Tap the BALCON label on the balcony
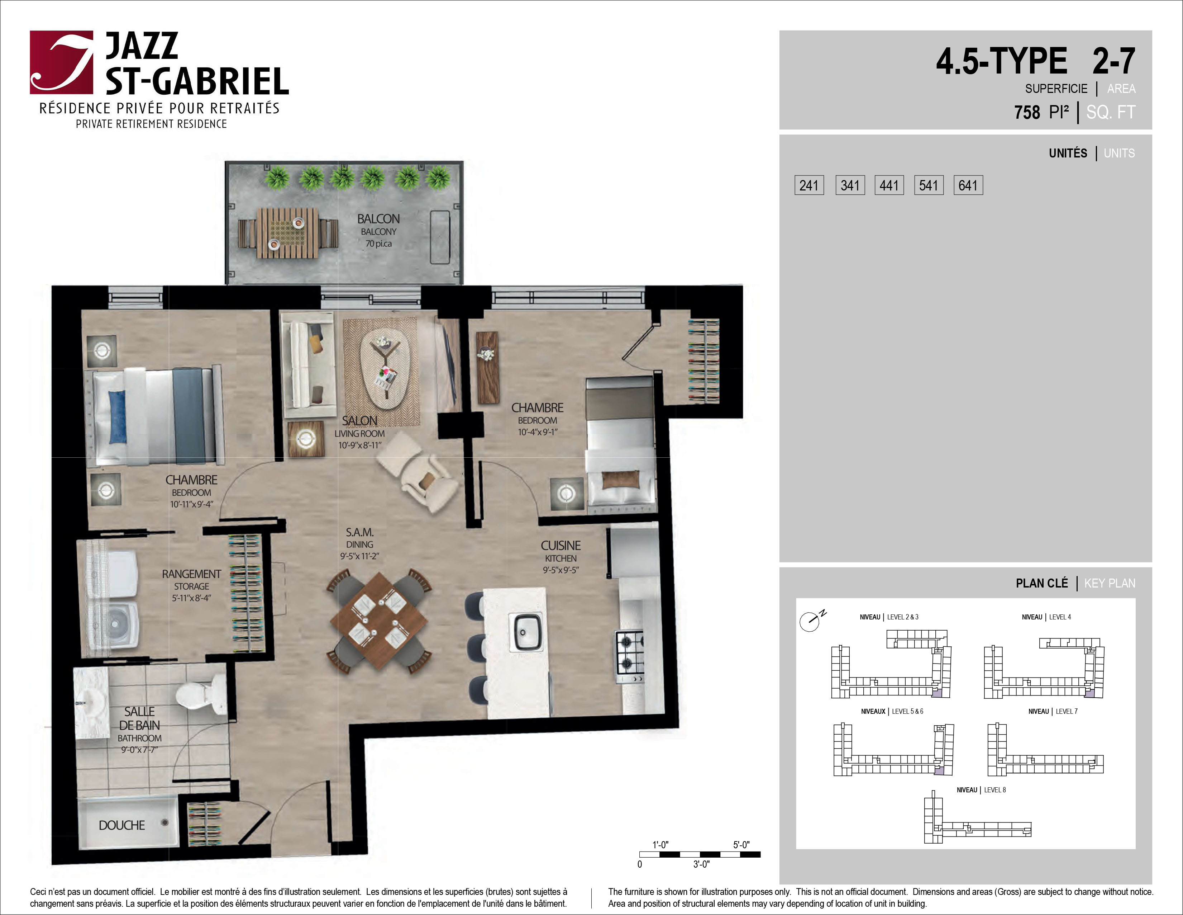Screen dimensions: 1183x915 pos(378,219)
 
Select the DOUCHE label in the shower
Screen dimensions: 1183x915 pos(122,825)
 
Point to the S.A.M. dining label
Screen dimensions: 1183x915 pos(360,532)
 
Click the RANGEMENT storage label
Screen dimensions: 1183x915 pos(192,574)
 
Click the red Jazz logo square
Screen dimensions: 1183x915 pos(61,62)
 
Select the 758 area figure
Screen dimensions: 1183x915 pos(1027,112)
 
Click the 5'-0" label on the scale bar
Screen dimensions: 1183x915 pos(741,845)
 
